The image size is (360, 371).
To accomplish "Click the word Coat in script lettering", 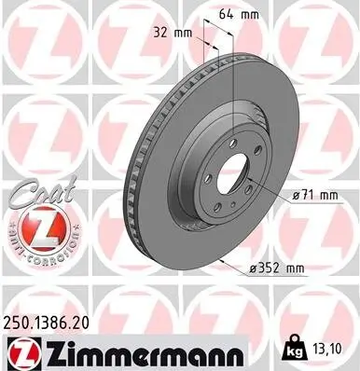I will tap(35, 191).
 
